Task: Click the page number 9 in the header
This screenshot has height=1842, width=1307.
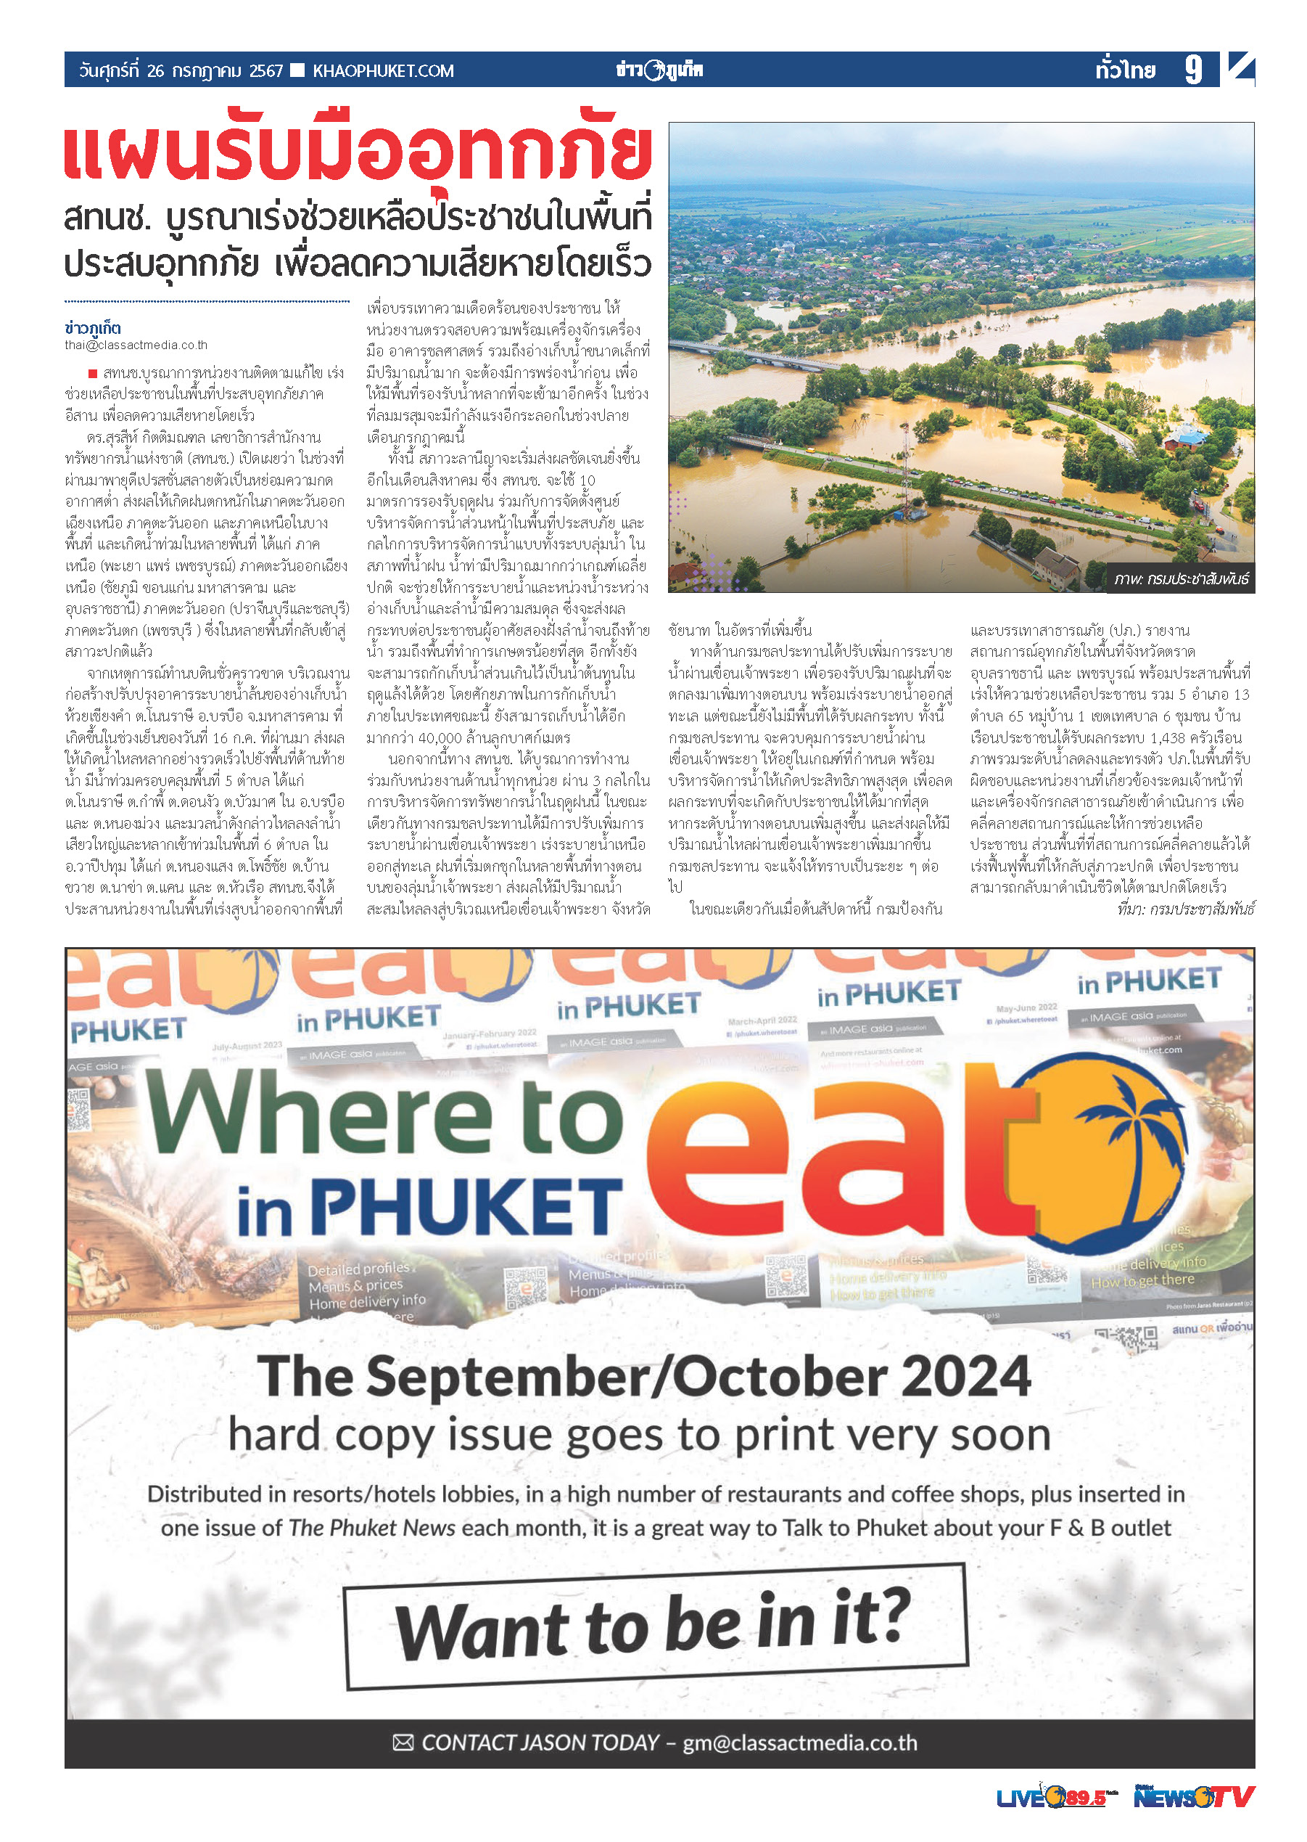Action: pos(1194,70)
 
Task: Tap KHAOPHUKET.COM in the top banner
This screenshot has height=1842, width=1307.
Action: pos(383,71)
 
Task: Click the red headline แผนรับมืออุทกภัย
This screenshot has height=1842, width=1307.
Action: pos(358,150)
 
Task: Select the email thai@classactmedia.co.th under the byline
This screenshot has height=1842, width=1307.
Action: pos(136,345)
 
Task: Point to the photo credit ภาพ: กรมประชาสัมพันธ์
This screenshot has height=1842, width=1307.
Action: pos(1181,579)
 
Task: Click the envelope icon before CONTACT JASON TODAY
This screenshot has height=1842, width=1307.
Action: pos(403,1743)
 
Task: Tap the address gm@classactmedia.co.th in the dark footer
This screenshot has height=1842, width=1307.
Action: pos(800,1743)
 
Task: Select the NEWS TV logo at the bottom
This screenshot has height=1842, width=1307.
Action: pos(1194,1797)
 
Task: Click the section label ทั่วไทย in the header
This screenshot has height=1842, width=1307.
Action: pos(1125,71)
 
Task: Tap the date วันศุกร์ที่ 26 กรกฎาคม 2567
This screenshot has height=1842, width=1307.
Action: pos(181,71)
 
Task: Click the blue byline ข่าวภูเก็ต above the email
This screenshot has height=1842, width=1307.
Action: pos(94,329)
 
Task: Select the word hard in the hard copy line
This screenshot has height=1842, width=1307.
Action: pos(274,1437)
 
